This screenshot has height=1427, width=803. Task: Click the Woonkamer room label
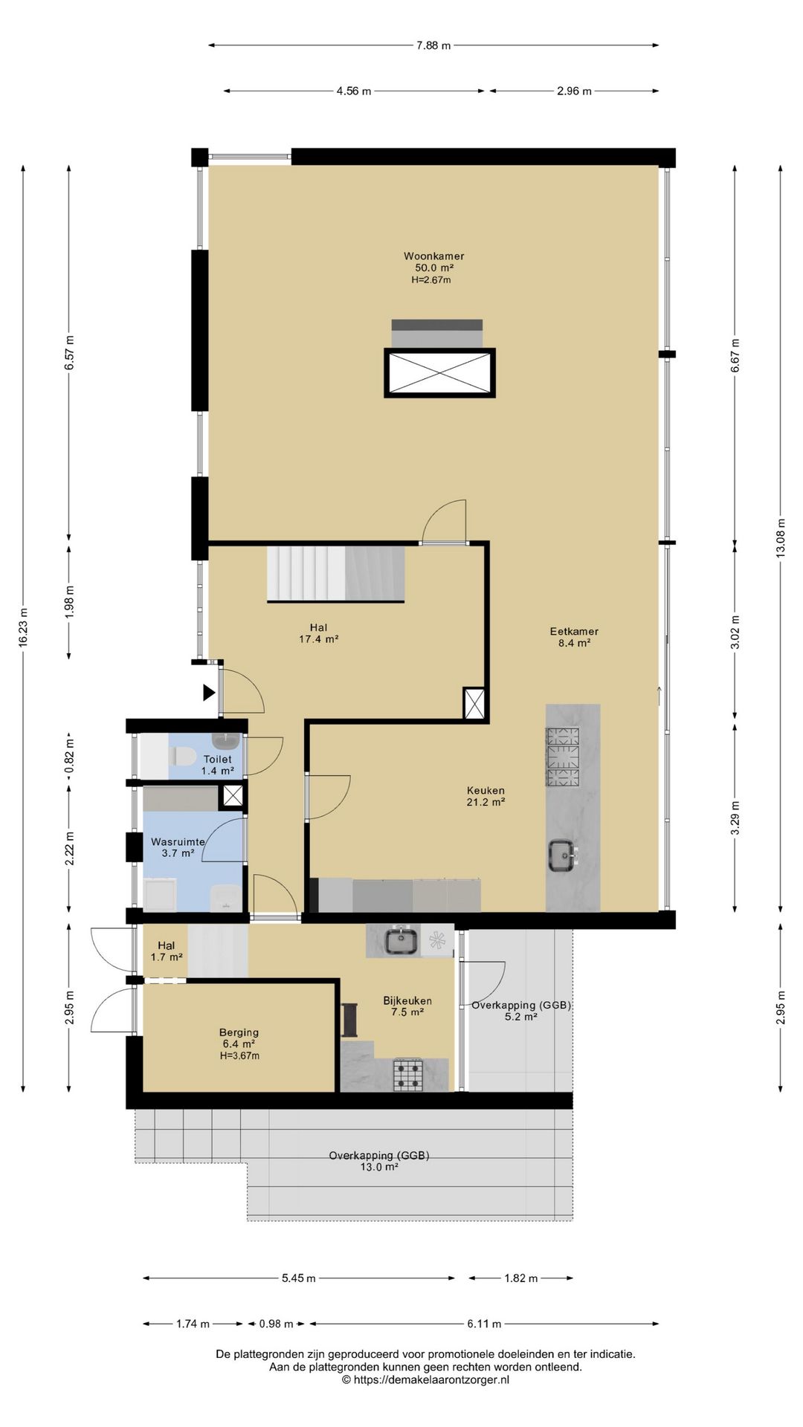click(433, 256)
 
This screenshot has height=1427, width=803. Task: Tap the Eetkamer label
click(574, 631)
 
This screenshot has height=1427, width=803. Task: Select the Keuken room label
click(486, 790)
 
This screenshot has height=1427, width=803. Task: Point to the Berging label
click(239, 1032)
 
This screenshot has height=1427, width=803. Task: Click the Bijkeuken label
click(407, 1000)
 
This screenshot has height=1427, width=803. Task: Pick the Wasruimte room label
click(178, 842)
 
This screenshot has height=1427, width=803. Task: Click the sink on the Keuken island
click(563, 855)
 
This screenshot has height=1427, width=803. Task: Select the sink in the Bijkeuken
click(402, 941)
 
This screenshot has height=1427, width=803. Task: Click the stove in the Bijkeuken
click(408, 1075)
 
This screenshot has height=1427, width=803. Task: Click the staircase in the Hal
click(336, 573)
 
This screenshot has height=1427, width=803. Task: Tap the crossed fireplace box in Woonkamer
click(439, 373)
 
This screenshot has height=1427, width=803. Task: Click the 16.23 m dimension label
click(23, 628)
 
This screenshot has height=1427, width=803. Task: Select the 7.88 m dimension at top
click(433, 45)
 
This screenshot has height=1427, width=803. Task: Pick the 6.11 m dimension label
click(484, 1324)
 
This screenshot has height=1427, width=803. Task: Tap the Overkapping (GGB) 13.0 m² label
click(379, 1161)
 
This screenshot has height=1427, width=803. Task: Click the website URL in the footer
click(426, 1379)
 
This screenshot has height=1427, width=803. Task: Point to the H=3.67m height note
click(239, 1055)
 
